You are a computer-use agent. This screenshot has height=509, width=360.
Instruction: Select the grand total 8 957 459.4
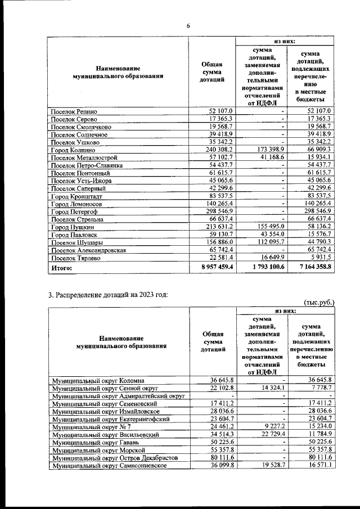tap(211, 268)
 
